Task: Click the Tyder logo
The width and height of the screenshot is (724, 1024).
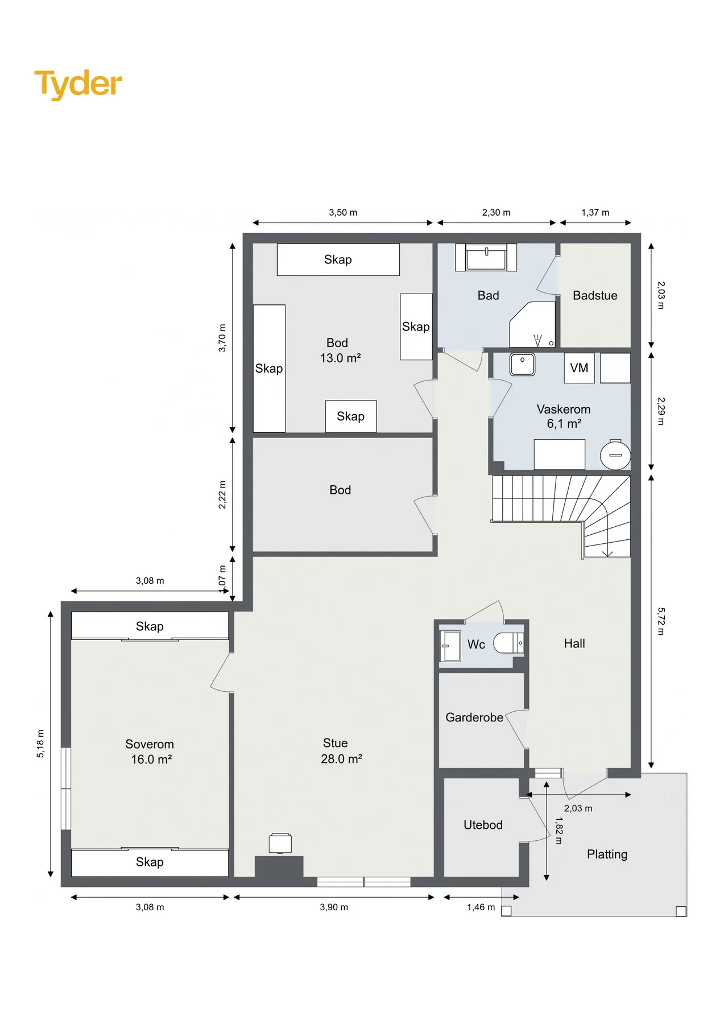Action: (78, 84)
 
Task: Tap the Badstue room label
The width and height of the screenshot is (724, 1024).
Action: (595, 295)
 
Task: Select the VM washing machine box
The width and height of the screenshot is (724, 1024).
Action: (579, 368)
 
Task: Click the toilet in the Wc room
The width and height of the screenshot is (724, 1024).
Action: (508, 643)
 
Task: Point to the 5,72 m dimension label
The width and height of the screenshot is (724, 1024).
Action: (660, 621)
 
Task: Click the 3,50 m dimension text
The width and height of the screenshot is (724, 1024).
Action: (343, 213)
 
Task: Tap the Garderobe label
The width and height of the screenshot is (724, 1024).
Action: (474, 717)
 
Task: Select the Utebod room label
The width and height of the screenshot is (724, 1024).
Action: (483, 825)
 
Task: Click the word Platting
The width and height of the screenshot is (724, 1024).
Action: (607, 854)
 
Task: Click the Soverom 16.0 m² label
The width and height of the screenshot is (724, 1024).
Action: (150, 752)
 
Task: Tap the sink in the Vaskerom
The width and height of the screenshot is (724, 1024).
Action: (522, 364)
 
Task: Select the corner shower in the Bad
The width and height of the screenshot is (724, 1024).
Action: (532, 324)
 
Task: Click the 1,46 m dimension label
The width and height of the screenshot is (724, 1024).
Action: (481, 907)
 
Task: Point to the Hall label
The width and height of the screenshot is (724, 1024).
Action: (574, 643)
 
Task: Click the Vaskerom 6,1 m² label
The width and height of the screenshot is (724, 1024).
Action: (564, 416)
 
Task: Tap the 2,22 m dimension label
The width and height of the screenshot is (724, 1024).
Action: (222, 495)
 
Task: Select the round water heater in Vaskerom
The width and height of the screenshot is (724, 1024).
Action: (615, 455)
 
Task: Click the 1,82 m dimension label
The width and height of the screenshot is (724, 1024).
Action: (558, 831)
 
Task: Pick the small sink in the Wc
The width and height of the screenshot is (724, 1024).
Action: (450, 646)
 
